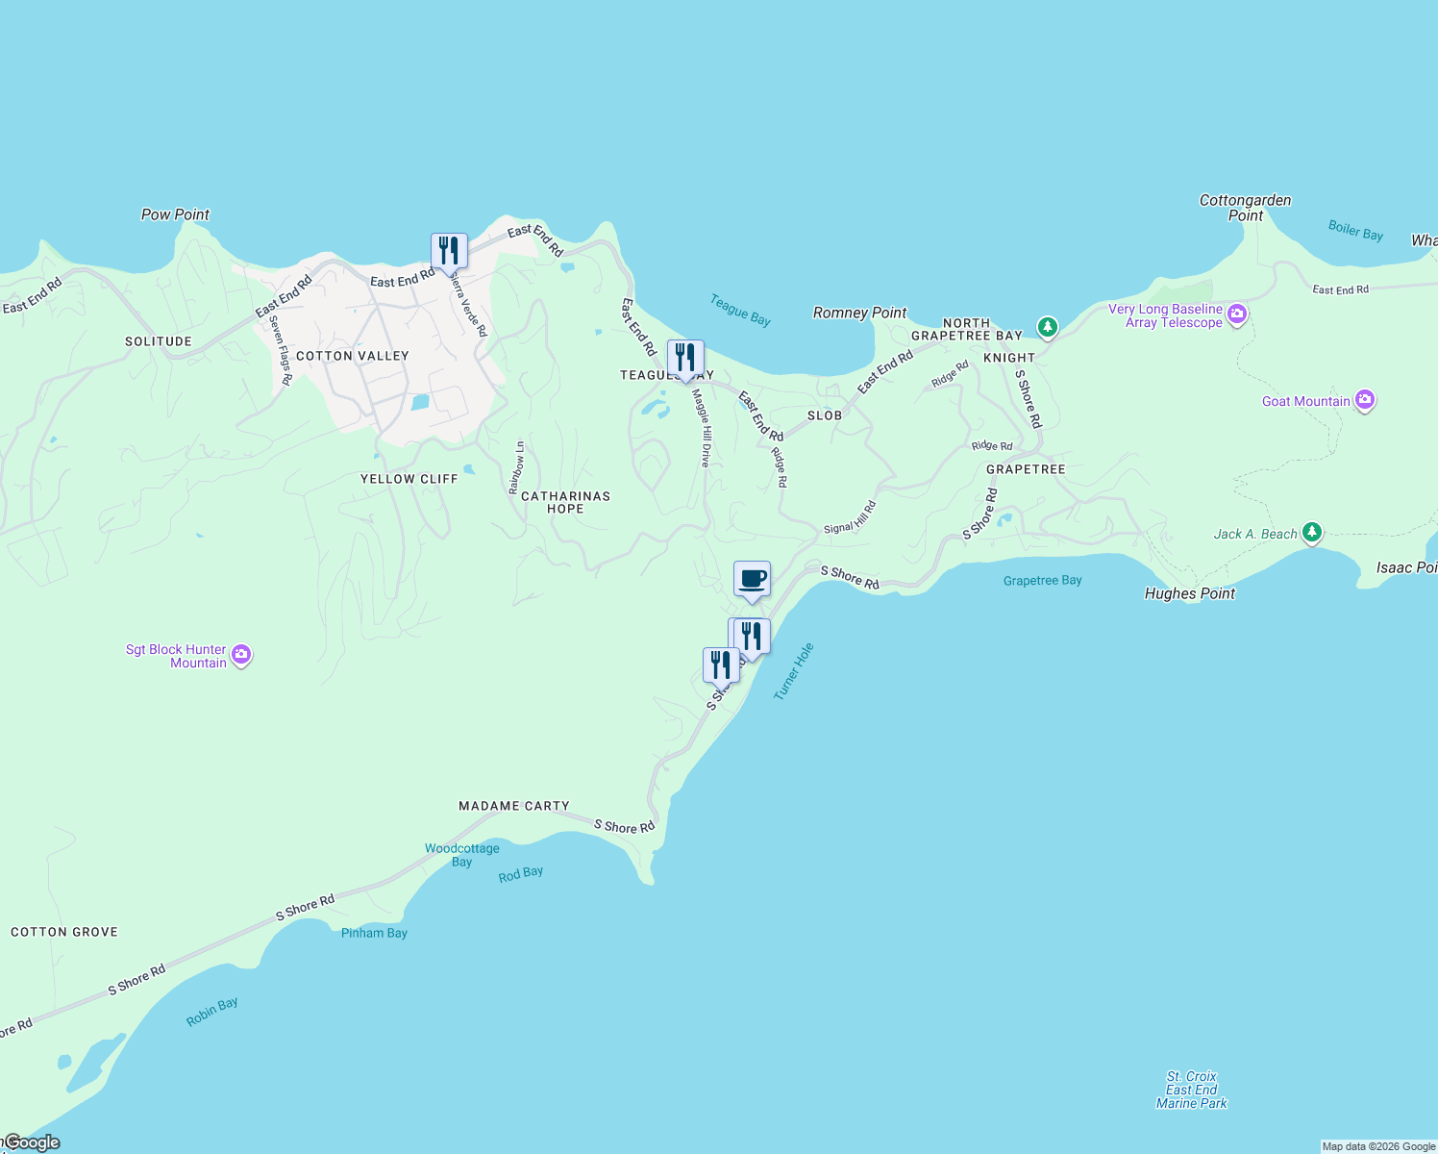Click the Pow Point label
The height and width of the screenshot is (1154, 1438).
[x=175, y=214]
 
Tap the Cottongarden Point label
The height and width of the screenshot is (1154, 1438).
[x=1245, y=208]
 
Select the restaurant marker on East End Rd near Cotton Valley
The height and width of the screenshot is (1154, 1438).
[x=449, y=250]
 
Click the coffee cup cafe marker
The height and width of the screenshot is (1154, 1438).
[x=752, y=579]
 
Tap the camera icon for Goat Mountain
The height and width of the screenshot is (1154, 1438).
[x=1364, y=400]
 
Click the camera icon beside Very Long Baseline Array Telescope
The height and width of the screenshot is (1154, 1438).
[x=1237, y=314]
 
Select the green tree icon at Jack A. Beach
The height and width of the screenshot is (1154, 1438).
[x=1312, y=533]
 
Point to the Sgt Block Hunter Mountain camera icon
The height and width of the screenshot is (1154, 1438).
[x=241, y=655]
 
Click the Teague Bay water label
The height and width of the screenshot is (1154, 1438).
[x=740, y=310]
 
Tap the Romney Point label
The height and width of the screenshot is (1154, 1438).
[x=859, y=313]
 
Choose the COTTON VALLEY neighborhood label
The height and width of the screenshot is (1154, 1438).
[x=353, y=356]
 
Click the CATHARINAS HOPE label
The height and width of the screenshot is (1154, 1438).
[x=565, y=502]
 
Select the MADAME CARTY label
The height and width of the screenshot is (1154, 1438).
[x=514, y=806]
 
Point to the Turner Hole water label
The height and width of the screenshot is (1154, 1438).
[x=794, y=671]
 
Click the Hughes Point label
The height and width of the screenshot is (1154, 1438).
[x=1189, y=593]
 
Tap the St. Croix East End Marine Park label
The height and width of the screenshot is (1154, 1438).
[x=1191, y=1090]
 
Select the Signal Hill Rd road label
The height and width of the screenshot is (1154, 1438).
[x=851, y=517]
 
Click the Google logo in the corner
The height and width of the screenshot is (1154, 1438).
[x=32, y=1142]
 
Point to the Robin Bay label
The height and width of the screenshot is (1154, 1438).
[x=212, y=1012]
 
